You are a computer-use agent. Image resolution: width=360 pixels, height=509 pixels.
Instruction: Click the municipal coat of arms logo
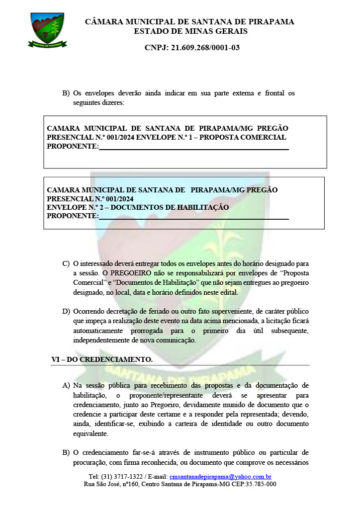(x=47, y=30)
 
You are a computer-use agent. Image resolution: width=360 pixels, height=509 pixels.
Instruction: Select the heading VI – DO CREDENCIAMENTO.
(x=102, y=359)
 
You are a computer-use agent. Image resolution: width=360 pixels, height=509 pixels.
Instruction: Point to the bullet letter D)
(x=66, y=311)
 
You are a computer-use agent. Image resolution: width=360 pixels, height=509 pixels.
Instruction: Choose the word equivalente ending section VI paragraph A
(x=92, y=433)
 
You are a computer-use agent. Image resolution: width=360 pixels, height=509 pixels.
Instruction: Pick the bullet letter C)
(x=66, y=263)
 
